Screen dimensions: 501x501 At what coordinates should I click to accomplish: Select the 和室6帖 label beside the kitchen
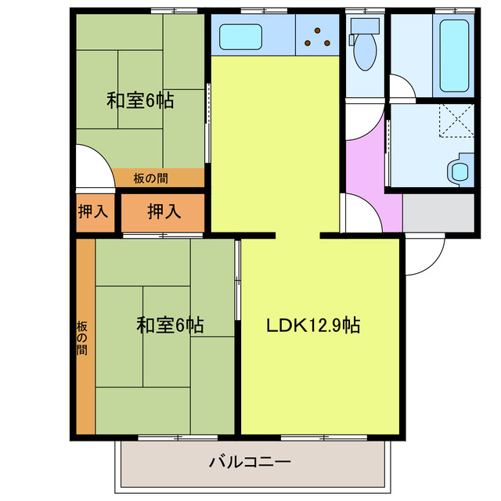(140, 100)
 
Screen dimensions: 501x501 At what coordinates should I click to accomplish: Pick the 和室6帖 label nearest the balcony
(170, 325)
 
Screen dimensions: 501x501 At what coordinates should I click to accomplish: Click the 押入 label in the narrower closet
(92, 211)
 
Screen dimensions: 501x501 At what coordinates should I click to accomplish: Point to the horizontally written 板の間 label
(150, 178)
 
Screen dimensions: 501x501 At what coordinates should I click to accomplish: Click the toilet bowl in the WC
(365, 51)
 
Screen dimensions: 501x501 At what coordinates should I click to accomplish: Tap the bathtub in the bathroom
(455, 54)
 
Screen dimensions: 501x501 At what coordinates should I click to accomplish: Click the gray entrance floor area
(438, 213)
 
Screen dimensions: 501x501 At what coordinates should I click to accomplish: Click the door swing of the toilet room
(402, 86)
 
